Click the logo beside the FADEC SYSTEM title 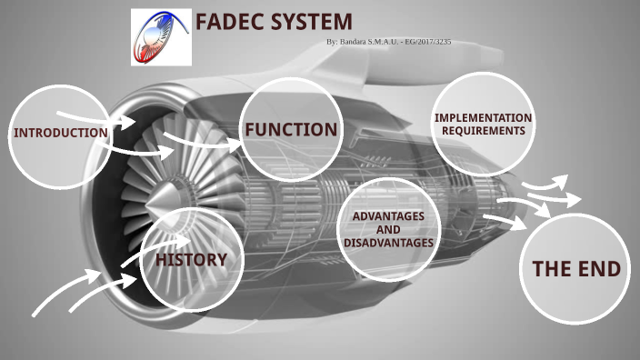(162, 36)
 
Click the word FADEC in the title (231, 22)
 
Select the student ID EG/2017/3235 (426, 43)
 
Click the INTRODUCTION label (60, 134)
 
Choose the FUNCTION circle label (291, 130)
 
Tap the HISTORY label (191, 260)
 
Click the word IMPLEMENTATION (483, 118)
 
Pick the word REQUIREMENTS (483, 131)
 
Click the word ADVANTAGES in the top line (388, 216)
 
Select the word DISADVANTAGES (388, 243)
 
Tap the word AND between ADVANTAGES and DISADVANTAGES (388, 230)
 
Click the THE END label (576, 269)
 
